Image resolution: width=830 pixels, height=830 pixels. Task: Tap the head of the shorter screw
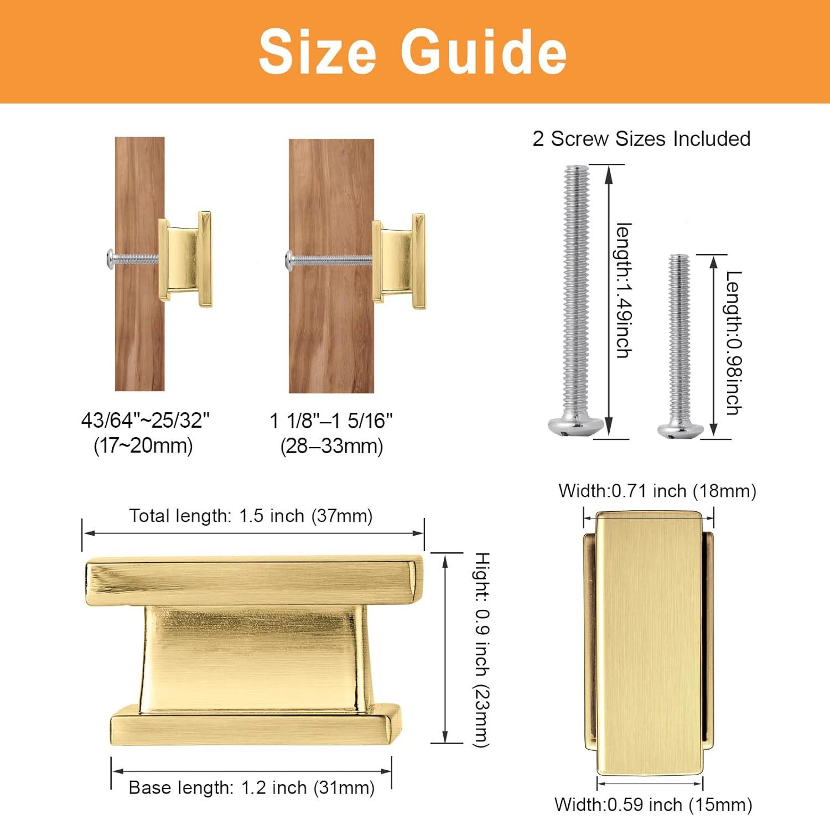tap(680, 429)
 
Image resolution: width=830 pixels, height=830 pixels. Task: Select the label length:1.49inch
tap(624, 290)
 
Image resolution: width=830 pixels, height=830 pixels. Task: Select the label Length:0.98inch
tap(734, 343)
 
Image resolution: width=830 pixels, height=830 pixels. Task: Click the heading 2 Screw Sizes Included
tap(641, 139)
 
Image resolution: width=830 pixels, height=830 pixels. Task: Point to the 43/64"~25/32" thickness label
tap(146, 421)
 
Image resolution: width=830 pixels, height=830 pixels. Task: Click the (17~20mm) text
tap(143, 445)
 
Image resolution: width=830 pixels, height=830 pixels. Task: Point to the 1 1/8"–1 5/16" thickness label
tap(331, 421)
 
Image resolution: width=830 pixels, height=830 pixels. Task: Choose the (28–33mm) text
tap(331, 446)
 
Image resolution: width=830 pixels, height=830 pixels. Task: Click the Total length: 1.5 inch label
tap(251, 516)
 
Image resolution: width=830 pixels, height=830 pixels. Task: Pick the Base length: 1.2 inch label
tap(251, 787)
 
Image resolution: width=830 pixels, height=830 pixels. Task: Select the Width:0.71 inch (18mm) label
tap(657, 491)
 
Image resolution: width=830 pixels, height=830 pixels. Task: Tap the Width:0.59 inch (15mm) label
tap(653, 805)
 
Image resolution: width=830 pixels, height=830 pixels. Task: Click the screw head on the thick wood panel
tap(289, 258)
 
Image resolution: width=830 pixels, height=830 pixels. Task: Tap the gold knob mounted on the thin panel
tap(185, 259)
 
